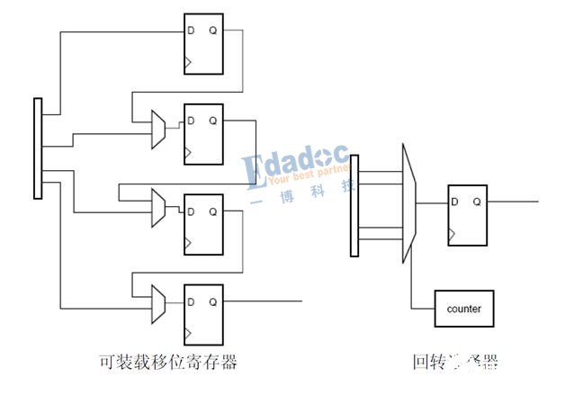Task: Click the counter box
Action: [x=463, y=310]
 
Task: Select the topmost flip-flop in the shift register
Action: [x=203, y=43]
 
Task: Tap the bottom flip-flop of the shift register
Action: [x=203, y=313]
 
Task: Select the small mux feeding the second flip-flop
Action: [x=158, y=131]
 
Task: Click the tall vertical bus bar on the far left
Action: [x=38, y=147]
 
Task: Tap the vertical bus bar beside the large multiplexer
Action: [x=354, y=205]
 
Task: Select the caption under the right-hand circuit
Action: [x=455, y=363]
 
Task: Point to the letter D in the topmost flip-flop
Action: [x=191, y=30]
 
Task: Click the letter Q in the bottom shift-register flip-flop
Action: [x=213, y=300]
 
